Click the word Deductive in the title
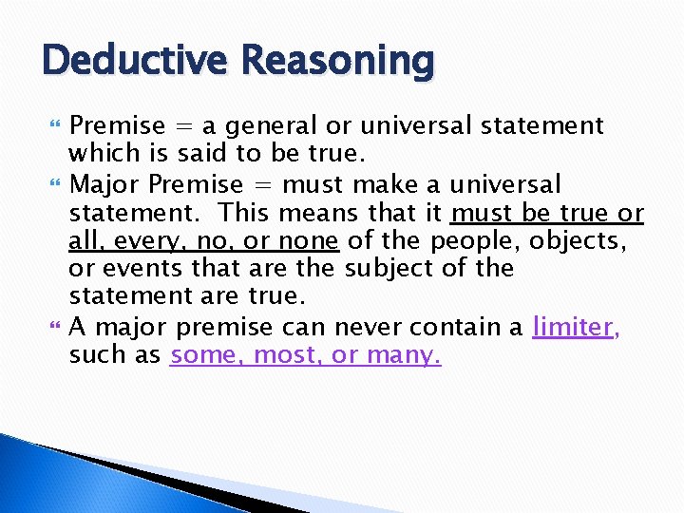pos(135,62)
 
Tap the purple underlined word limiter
pos(573,327)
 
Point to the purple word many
pos(405,357)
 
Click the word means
pos(298,213)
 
